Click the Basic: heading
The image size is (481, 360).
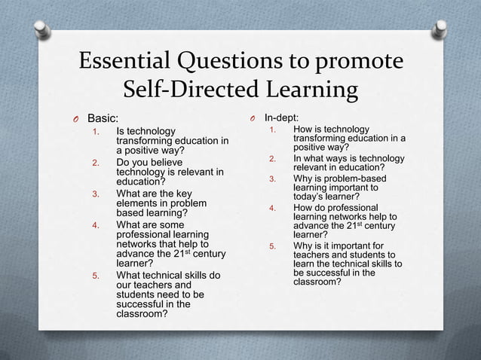coord(103,118)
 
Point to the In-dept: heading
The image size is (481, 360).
coord(281,117)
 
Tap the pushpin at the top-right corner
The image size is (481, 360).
coord(437,30)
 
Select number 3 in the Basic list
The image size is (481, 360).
coord(96,194)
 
